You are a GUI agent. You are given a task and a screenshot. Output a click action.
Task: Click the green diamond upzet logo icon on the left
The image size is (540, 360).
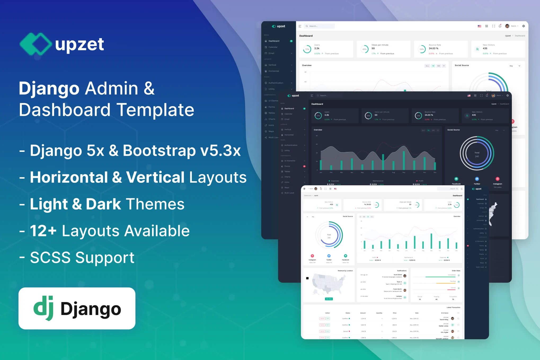click(35, 44)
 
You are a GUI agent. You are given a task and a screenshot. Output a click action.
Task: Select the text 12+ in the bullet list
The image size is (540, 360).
click(43, 231)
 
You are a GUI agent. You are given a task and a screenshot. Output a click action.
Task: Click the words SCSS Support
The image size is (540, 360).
click(82, 257)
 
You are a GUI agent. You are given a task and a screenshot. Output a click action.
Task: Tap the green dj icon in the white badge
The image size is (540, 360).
click(44, 308)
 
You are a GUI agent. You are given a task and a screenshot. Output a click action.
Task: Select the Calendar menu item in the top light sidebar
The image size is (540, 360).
click(273, 47)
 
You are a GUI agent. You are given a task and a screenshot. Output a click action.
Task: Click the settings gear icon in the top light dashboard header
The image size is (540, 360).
click(523, 26)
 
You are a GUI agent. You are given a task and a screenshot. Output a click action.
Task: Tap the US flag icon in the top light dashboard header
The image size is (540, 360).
click(479, 26)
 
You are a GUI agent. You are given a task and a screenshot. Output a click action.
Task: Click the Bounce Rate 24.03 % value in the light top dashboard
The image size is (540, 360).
click(433, 49)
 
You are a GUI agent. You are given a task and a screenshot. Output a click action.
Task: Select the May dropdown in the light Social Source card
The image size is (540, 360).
click(515, 66)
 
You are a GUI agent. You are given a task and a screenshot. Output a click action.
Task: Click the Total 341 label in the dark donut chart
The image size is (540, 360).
click(477, 155)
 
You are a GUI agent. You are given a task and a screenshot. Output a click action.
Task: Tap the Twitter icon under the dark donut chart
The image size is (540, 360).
click(477, 179)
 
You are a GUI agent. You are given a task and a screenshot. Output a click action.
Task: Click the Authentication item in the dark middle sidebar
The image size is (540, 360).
click(291, 145)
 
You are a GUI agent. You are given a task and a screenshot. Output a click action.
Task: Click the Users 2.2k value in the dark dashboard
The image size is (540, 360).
click(327, 115)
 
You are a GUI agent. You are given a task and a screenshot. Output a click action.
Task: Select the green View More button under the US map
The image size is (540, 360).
click(329, 299)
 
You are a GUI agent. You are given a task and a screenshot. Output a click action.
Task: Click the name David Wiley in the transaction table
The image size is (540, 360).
click(444, 320)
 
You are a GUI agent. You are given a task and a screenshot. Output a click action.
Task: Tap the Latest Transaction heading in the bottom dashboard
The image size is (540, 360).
click(453, 308)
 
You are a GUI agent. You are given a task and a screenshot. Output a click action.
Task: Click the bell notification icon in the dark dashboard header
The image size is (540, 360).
click(487, 95)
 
